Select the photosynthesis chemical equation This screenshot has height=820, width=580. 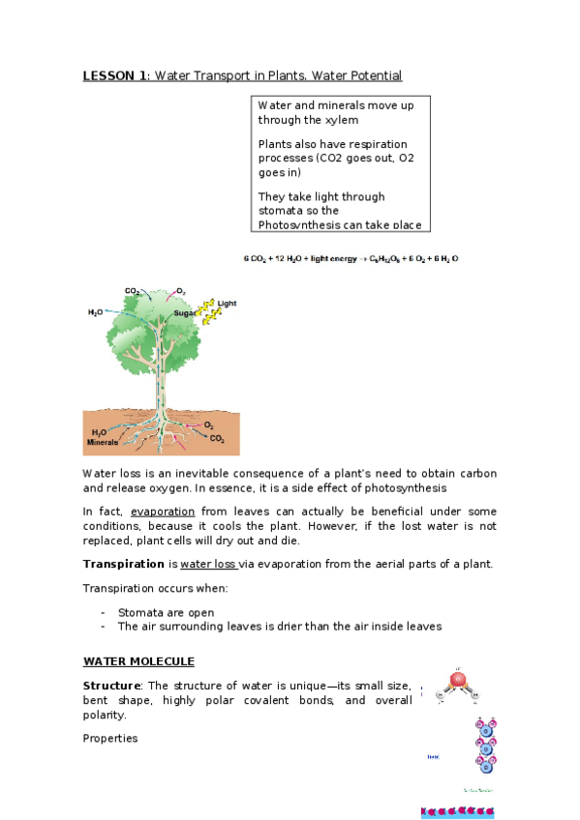point(350,259)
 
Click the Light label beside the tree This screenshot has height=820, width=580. point(227,304)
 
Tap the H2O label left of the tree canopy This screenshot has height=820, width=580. point(96,312)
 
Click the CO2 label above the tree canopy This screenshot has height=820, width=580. point(132,290)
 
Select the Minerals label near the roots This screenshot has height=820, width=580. point(102,443)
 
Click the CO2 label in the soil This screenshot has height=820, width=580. point(217,438)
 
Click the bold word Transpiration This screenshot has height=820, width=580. point(124,564)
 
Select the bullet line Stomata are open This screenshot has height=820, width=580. point(166,612)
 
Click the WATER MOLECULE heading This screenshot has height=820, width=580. point(138,661)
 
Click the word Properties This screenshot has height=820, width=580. point(110,738)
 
